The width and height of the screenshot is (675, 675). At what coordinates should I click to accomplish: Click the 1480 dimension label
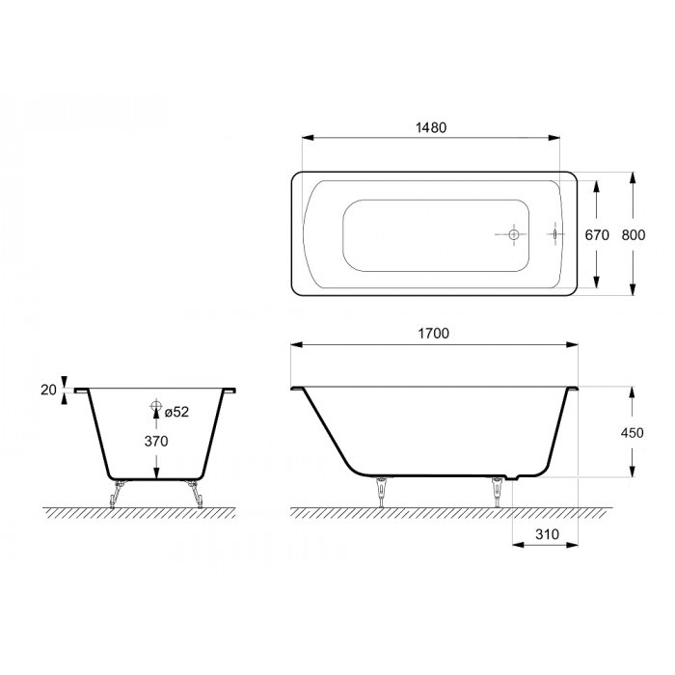(x=431, y=128)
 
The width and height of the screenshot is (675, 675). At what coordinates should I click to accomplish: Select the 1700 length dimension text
(x=434, y=334)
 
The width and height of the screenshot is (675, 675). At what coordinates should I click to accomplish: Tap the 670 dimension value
(x=597, y=235)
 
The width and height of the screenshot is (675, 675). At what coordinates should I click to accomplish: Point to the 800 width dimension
(x=634, y=235)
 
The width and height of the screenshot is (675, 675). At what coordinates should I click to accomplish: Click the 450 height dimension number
(x=632, y=433)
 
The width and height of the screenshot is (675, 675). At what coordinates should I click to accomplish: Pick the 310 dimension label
(x=547, y=534)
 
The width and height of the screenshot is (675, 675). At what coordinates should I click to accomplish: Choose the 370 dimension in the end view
(x=156, y=442)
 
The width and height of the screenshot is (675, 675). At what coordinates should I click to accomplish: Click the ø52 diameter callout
(x=176, y=412)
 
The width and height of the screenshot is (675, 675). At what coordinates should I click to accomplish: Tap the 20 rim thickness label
(x=48, y=390)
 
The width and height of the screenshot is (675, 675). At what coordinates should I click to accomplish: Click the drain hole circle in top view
(x=514, y=234)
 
